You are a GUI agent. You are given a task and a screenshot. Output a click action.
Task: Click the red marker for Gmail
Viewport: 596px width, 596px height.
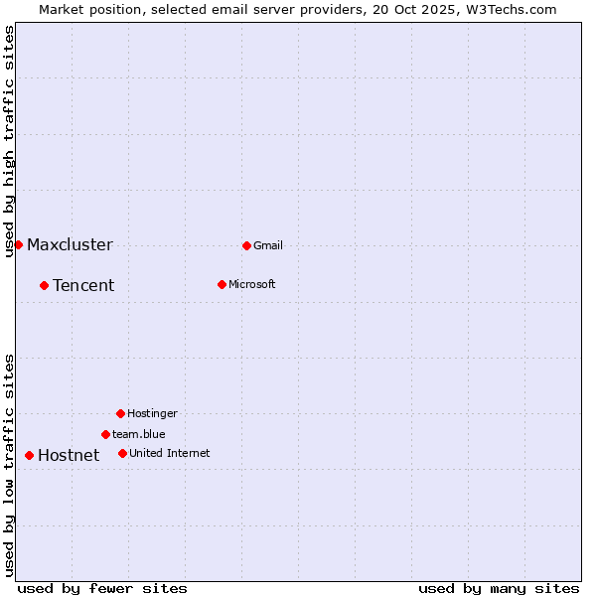click(x=246, y=245)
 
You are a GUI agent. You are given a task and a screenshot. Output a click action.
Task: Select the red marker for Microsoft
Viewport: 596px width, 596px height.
click(x=222, y=284)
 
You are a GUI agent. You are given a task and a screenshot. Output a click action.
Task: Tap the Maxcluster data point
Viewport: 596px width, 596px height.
click(x=18, y=244)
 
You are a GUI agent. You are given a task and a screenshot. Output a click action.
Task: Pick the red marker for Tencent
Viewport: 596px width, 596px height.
click(x=44, y=285)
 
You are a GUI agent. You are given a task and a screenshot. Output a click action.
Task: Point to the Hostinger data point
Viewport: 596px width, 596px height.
click(x=120, y=413)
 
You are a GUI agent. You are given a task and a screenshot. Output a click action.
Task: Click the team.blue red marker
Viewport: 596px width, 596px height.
click(x=105, y=434)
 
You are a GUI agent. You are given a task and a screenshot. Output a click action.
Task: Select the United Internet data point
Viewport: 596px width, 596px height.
click(x=122, y=453)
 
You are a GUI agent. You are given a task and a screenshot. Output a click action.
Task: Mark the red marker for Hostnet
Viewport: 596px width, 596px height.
click(x=29, y=455)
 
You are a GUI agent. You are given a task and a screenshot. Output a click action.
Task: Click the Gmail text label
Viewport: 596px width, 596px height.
click(x=268, y=245)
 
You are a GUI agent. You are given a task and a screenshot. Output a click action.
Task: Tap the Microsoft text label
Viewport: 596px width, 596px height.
click(x=251, y=284)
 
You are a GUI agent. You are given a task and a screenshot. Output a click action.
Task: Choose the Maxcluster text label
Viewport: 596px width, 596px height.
click(x=70, y=244)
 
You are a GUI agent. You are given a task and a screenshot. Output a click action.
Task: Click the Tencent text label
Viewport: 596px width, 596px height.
click(x=83, y=285)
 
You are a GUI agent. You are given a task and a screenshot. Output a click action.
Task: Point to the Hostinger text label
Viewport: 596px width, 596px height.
click(x=152, y=413)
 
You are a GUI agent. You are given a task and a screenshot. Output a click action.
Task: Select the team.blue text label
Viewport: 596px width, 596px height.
click(x=138, y=434)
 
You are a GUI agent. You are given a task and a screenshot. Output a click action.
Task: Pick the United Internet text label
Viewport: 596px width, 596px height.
click(x=169, y=453)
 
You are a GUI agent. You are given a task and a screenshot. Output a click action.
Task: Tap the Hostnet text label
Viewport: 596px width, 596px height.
click(x=69, y=455)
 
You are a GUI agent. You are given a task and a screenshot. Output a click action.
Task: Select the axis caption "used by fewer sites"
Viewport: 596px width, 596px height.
click(x=102, y=588)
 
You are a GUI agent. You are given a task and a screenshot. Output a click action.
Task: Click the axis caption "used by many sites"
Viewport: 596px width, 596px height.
click(x=499, y=588)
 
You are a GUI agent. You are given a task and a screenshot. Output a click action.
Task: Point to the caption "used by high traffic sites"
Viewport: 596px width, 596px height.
click(x=9, y=141)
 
